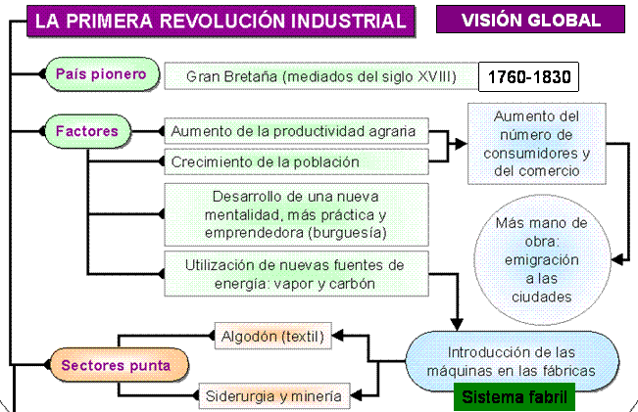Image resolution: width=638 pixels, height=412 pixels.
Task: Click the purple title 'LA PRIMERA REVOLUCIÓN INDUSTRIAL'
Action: (221, 21)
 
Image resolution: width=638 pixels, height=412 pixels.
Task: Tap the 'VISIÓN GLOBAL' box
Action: (530, 20)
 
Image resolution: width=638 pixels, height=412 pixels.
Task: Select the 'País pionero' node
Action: (102, 74)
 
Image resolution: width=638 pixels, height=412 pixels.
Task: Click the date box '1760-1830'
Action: (528, 76)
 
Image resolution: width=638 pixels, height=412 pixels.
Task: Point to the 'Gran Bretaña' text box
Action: (321, 76)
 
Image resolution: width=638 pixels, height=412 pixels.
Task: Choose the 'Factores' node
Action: (87, 131)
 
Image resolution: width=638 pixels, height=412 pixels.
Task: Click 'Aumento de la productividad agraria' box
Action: (296, 131)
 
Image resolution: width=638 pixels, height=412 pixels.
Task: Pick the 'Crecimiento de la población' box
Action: (296, 161)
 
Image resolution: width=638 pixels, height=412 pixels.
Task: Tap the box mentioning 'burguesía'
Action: (296, 214)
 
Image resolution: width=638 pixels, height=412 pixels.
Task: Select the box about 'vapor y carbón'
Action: (296, 274)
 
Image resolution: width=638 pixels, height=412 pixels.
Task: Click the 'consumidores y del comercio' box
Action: (537, 144)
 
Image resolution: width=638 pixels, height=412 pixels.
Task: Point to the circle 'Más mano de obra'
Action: (542, 259)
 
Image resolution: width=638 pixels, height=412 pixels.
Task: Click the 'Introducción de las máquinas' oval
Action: (512, 361)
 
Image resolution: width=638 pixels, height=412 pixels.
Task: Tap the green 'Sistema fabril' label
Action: (515, 397)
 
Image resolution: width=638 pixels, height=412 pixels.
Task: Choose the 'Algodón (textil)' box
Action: (273, 336)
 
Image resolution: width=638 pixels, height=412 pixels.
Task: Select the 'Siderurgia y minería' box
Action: (274, 395)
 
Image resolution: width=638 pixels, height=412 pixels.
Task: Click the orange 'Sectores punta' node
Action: (120, 365)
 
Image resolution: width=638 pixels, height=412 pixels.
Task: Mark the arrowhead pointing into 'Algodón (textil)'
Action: (338, 336)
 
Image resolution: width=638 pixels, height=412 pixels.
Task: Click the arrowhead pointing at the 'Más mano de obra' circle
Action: (617, 259)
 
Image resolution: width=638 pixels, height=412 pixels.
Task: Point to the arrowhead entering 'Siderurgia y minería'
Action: (356, 395)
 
